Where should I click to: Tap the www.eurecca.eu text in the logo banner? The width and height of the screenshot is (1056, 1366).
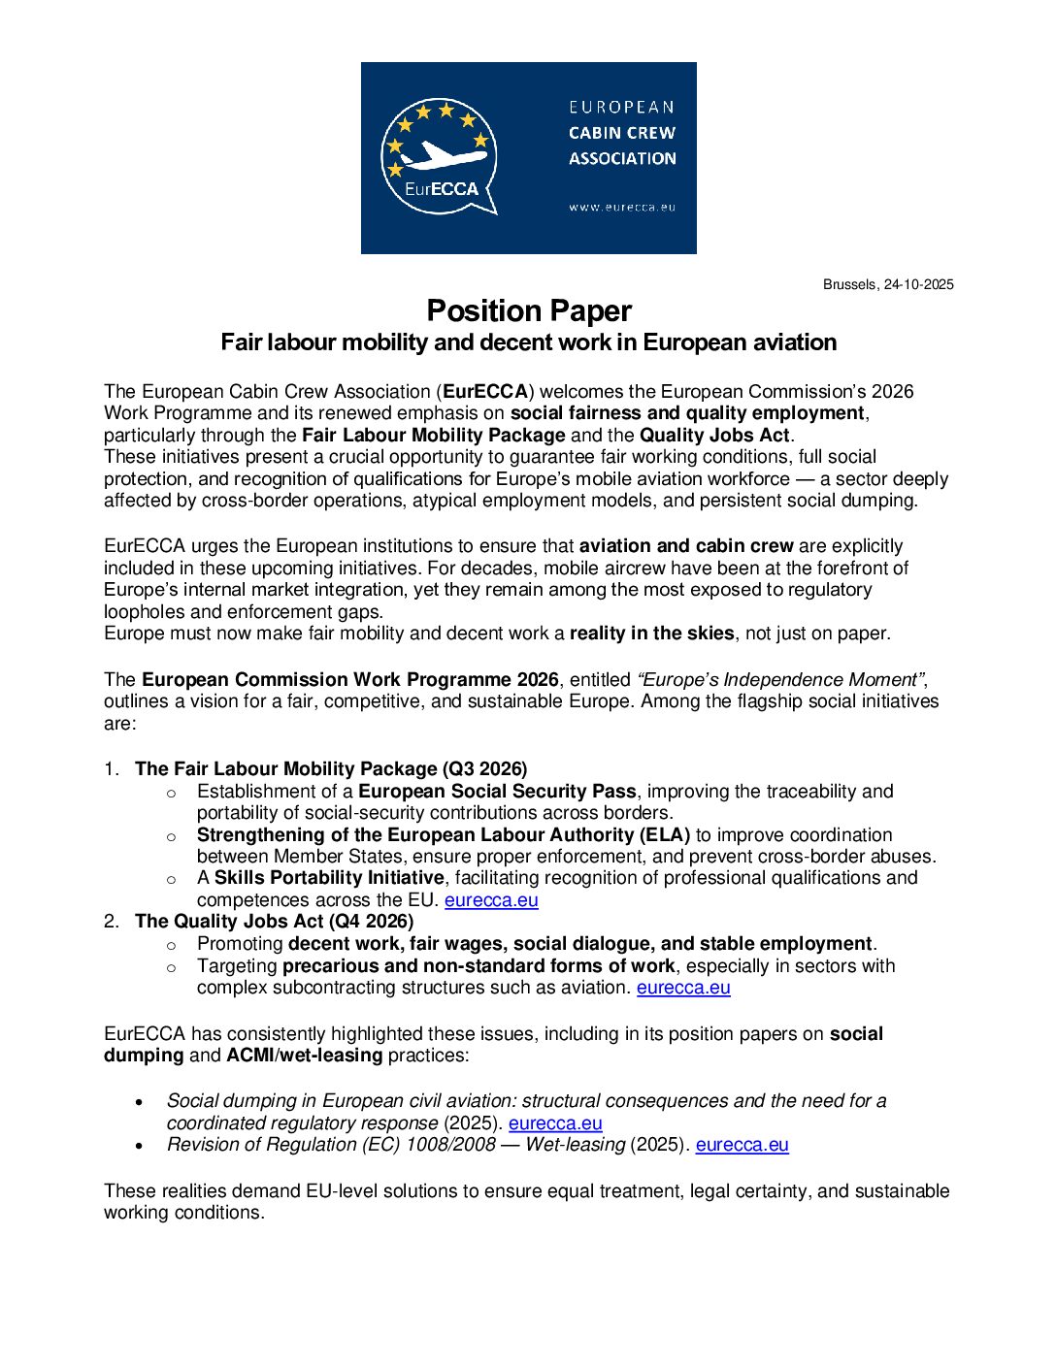622,207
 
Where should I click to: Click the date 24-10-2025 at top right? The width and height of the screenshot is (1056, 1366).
918,284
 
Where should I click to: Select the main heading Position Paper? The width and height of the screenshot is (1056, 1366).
529,310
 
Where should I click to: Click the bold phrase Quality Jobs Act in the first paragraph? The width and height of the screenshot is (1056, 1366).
714,435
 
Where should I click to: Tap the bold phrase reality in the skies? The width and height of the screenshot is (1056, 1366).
651,634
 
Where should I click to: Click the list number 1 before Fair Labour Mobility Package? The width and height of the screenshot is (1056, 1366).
111,769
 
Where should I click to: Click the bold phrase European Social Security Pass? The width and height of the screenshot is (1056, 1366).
497,792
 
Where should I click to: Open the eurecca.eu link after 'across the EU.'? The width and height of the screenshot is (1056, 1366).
491,900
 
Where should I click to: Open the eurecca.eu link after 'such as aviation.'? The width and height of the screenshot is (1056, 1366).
683,988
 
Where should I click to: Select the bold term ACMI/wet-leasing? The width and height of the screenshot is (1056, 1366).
304,1056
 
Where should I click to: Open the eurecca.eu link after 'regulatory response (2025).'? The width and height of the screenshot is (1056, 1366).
555,1123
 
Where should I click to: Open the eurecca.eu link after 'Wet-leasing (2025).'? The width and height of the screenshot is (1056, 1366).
742,1145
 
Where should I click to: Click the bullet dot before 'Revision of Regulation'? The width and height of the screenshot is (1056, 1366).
141,1146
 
